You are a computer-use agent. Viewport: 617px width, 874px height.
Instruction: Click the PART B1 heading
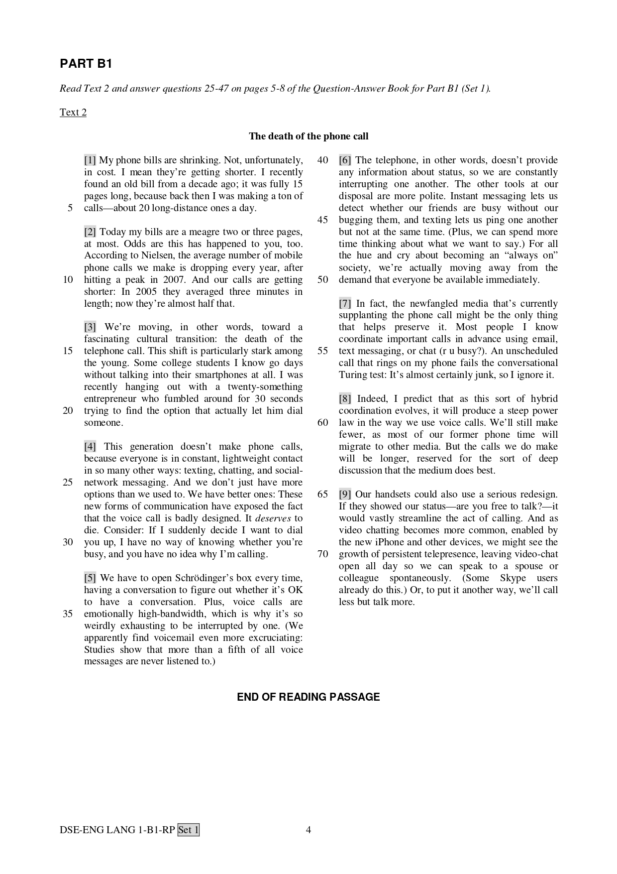(86, 64)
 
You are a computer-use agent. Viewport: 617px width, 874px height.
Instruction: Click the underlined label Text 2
(73, 112)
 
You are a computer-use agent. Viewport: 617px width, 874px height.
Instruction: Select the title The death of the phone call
(308, 136)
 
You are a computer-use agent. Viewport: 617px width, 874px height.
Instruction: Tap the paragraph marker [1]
(90, 160)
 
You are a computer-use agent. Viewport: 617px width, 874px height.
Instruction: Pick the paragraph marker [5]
(90, 578)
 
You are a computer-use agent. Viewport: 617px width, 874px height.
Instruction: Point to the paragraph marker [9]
(345, 494)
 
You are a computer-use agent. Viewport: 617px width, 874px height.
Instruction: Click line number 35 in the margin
(68, 614)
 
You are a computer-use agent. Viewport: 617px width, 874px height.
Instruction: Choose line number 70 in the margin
(323, 554)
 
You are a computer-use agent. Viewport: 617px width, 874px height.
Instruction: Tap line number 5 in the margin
(70, 208)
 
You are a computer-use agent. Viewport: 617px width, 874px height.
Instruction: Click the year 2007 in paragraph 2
(174, 279)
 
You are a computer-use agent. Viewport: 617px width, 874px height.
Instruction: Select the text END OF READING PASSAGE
(308, 697)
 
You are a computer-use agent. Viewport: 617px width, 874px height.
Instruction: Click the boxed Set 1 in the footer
(189, 830)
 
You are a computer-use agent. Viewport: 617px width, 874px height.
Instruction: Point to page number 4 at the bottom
(308, 830)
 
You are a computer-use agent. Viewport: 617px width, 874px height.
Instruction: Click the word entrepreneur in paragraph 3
(115, 398)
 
